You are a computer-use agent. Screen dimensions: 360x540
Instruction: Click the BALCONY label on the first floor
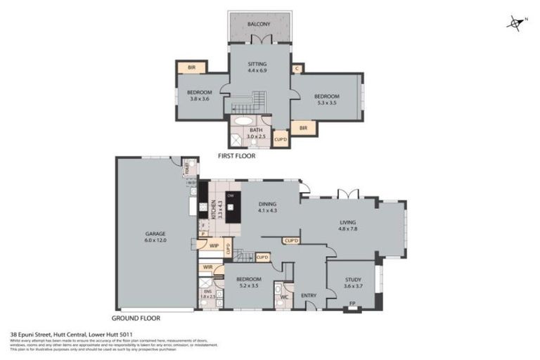pos(259,24)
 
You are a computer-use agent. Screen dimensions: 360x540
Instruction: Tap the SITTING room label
pos(257,63)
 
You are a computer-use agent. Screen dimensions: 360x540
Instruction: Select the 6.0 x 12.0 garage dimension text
pos(156,240)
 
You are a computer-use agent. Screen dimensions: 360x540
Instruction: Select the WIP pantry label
pos(214,245)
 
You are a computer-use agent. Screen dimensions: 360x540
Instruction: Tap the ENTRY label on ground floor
pos(308,296)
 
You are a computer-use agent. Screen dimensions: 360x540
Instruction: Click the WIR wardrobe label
pos(207,267)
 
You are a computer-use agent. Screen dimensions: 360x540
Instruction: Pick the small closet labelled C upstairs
pos(297,68)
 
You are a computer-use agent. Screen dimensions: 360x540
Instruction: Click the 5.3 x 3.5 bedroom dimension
pos(327,103)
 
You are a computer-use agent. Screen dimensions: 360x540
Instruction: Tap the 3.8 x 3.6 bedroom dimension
pos(200,99)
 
